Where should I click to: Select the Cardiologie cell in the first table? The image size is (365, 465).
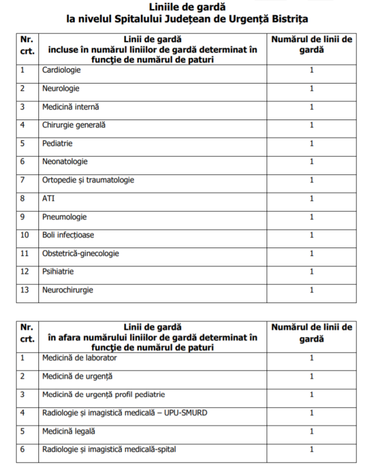click(61, 70)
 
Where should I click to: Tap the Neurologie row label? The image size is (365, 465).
click(61, 88)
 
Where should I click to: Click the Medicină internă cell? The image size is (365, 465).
click(71, 107)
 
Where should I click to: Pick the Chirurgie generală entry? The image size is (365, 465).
click(74, 125)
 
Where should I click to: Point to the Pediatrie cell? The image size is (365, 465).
click(58, 143)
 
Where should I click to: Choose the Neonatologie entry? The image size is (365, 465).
click(65, 162)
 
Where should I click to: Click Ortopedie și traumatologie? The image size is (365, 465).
click(88, 180)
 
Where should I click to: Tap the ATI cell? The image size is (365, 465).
click(48, 198)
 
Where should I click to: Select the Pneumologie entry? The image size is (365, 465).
click(64, 217)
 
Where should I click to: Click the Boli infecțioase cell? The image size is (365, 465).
click(68, 235)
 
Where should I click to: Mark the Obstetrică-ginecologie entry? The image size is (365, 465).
click(81, 254)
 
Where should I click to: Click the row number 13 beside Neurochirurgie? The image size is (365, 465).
click(25, 290)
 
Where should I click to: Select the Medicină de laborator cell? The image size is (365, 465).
click(80, 358)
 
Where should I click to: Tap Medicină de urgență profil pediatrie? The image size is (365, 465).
click(103, 394)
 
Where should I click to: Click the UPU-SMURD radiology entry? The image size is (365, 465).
click(125, 413)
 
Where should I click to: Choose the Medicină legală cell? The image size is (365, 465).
click(69, 431)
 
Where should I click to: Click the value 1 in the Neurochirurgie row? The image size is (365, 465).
click(311, 290)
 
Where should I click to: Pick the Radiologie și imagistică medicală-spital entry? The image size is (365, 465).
click(118, 450)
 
